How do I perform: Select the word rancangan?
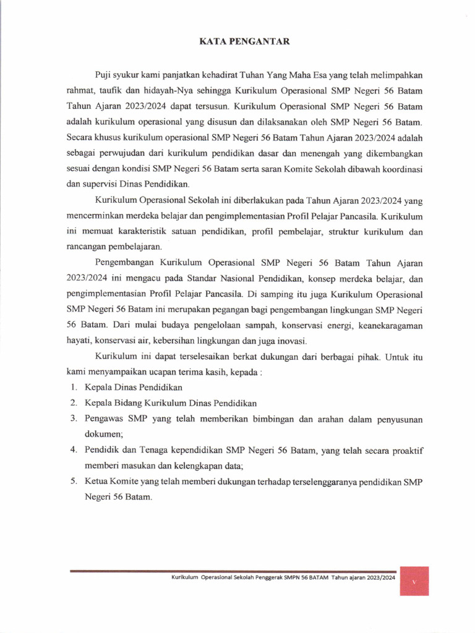87,247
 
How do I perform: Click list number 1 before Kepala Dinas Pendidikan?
72,388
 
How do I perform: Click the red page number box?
414,580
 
